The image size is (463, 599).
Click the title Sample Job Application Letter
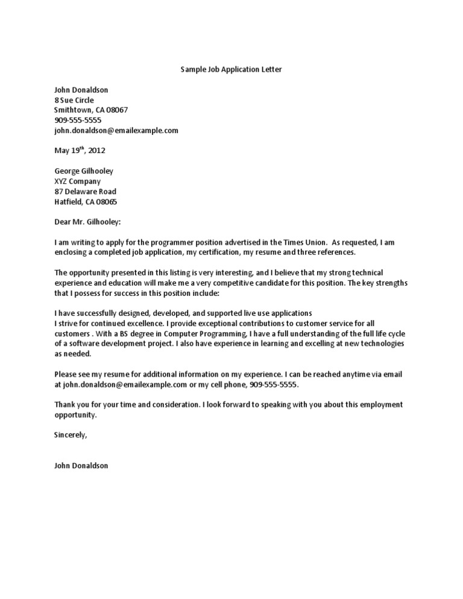click(231, 69)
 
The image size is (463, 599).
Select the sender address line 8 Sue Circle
click(74, 100)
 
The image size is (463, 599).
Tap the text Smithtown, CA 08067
click(90, 110)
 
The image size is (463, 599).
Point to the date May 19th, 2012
click(80, 151)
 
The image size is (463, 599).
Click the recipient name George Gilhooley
click(84, 171)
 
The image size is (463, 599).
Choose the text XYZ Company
click(77, 181)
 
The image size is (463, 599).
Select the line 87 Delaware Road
click(85, 192)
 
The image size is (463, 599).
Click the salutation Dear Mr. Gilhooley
click(87, 222)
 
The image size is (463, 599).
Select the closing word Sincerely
click(71, 434)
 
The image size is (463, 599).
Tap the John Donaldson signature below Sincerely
click(81, 465)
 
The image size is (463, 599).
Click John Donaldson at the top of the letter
click(81, 90)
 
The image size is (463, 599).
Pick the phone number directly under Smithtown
click(78, 121)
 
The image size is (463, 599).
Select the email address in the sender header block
click(116, 130)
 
